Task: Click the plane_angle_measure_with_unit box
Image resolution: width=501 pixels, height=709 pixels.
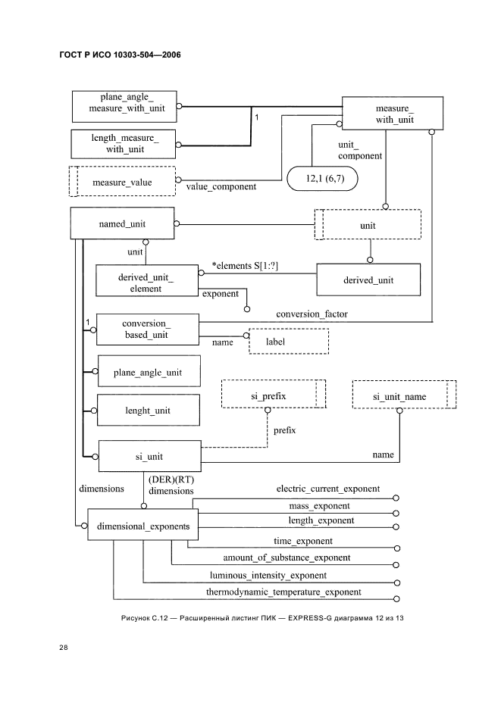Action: coord(124,106)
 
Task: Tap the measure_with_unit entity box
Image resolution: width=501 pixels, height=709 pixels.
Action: coord(393,113)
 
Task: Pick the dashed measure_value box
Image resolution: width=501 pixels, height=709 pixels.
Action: coord(122,183)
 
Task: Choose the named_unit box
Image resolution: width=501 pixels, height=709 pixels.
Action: coord(122,224)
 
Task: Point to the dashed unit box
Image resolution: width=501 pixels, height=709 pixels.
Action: coord(368,225)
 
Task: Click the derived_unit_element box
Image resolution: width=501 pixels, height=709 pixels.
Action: coord(146,281)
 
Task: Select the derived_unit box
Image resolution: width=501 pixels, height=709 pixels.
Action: coord(368,280)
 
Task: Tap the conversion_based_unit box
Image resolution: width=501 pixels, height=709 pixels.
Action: coord(146,330)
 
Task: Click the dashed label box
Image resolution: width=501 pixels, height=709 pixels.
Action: coord(289,341)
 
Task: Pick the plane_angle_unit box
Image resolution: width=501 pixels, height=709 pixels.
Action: coord(147,372)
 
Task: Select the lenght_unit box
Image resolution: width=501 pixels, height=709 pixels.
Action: coord(147,411)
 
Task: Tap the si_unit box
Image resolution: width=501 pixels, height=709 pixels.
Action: coord(147,456)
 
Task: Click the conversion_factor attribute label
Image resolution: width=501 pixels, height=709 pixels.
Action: coord(312,313)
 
